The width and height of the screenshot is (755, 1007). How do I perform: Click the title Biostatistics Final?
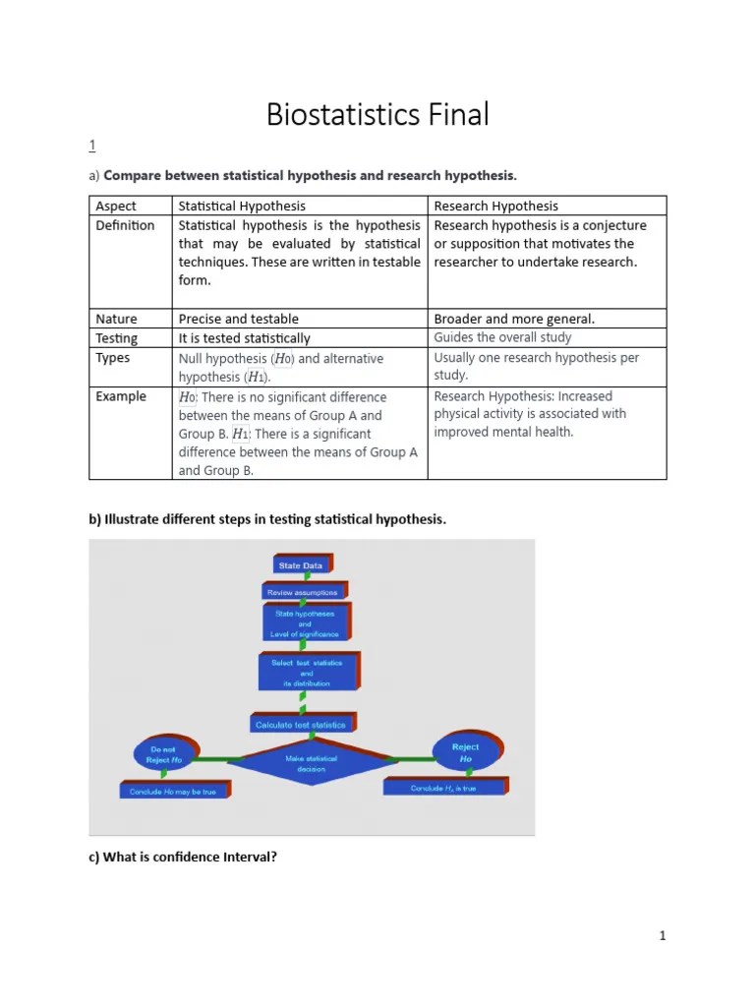[377, 115]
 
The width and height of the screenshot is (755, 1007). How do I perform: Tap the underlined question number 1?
[92, 147]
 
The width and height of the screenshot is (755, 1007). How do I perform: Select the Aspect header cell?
[116, 206]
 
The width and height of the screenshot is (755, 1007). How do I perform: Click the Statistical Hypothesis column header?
[241, 206]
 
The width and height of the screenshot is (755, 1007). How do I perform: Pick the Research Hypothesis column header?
[495, 206]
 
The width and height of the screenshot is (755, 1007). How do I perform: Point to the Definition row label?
[125, 225]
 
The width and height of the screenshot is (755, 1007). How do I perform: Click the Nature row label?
[116, 319]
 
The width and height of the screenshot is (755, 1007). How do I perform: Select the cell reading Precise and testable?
[238, 319]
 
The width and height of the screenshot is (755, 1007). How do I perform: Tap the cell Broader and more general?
[514, 319]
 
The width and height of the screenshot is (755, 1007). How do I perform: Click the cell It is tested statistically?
[244, 338]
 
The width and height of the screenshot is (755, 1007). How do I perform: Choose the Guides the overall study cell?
[501, 337]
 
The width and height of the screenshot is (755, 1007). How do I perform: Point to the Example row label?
[121, 396]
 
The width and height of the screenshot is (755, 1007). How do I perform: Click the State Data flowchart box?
[301, 565]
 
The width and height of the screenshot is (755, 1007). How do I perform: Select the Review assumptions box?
[303, 592]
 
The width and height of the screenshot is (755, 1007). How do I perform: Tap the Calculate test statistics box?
[301, 725]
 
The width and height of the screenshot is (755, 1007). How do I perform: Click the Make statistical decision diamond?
[311, 763]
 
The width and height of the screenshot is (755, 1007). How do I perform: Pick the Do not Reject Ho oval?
[164, 754]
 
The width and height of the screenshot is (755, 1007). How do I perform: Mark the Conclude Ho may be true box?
[173, 791]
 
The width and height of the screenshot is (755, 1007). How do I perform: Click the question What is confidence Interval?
[183, 857]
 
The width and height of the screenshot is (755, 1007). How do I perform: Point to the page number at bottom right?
[663, 935]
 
